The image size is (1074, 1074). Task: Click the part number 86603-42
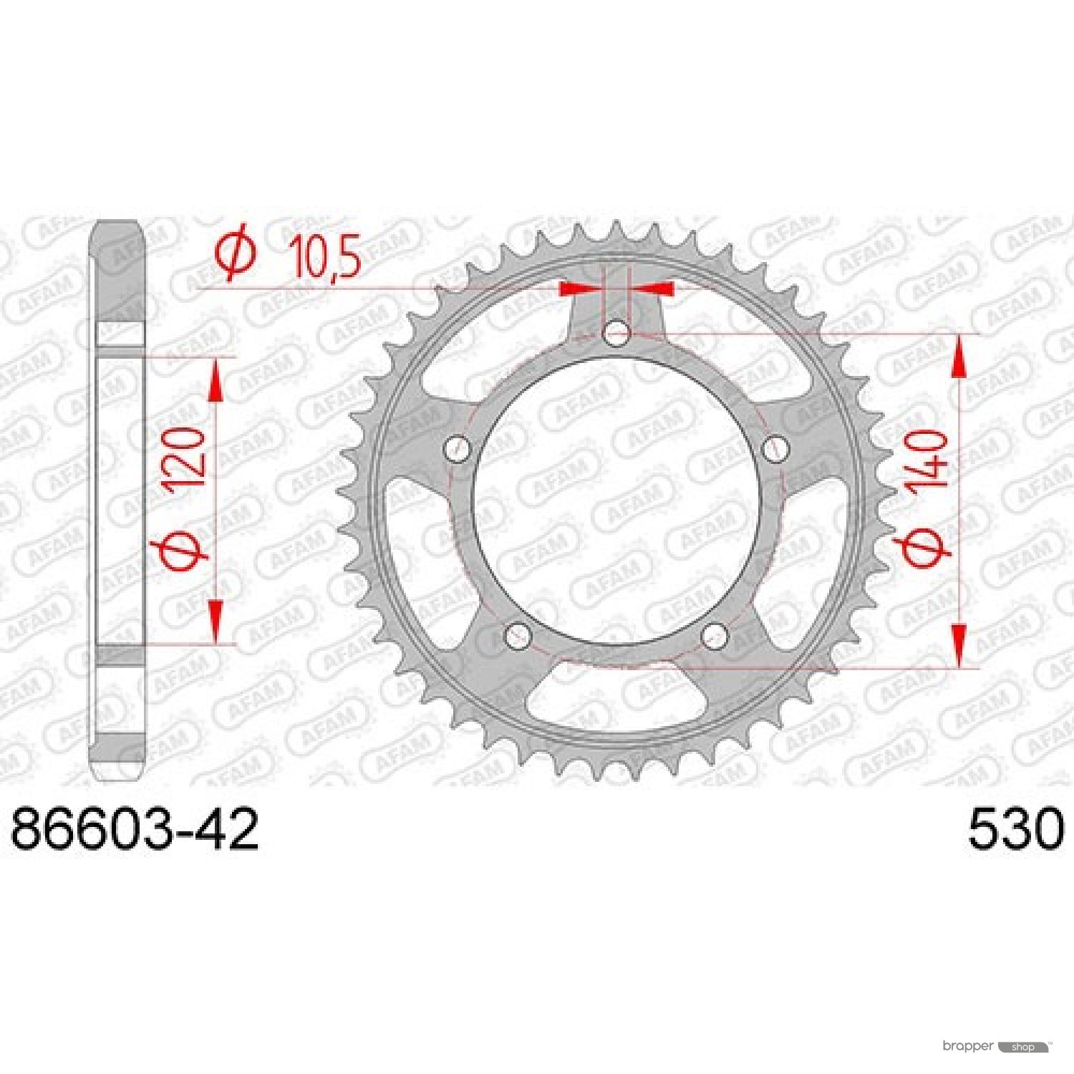[135, 830]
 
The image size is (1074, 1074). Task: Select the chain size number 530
[1016, 830]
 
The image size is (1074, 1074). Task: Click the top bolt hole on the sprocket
[616, 333]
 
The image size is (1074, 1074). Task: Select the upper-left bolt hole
[459, 450]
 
